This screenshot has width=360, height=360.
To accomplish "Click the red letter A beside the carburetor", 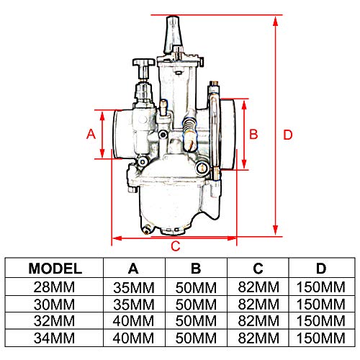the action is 91,134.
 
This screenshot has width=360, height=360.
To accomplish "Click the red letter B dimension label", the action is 253,134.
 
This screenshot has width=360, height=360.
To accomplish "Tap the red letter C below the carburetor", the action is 176,246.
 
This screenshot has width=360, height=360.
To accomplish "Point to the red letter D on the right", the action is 288,135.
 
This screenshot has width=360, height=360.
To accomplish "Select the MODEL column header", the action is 55,269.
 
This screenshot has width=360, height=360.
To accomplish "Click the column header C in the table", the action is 258,269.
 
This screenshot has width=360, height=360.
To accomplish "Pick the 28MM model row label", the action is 54,287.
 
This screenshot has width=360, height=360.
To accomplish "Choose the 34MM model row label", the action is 54,338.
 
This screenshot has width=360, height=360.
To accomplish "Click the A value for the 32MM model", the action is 133,321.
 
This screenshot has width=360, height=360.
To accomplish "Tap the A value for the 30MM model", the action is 134,305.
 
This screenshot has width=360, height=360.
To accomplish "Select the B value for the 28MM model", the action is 196,287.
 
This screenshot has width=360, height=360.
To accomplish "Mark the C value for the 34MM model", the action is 258,338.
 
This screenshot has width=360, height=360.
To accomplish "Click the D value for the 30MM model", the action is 321,305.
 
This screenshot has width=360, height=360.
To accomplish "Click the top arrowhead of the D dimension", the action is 276,21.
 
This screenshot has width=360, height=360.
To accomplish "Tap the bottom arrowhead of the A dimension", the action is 102,153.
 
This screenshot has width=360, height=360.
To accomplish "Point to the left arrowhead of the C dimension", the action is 117,238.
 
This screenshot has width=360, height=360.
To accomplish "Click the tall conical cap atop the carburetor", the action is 174,34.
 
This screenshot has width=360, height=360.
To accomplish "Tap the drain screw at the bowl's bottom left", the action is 146,230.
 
